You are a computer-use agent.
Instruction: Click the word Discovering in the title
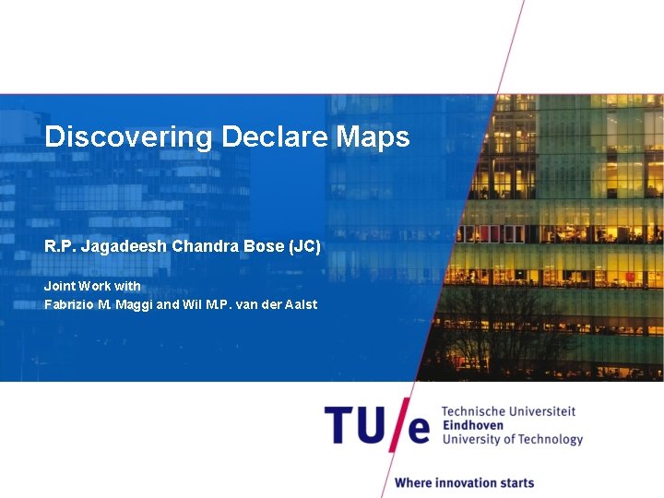click(x=128, y=137)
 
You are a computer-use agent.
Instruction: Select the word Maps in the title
click(x=373, y=137)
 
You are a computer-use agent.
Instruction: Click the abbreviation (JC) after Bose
click(x=304, y=247)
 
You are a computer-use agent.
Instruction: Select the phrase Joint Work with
click(x=92, y=286)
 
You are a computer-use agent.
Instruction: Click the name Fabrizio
click(x=70, y=304)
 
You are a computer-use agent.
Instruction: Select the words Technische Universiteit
click(x=508, y=411)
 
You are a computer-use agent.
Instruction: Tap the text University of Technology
click(x=513, y=440)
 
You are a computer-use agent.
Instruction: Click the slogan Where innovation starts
click(x=464, y=482)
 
